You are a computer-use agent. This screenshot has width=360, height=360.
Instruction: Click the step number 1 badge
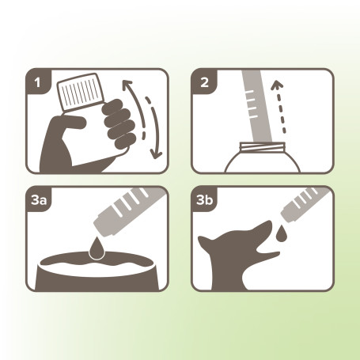pos(38,83)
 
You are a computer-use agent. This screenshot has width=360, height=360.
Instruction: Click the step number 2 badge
pos(204,83)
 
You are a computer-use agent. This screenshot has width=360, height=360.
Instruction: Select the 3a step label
pos(39,200)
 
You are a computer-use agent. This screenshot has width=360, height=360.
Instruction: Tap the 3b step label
pos(204,200)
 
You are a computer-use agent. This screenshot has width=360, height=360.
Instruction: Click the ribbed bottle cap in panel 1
pos(80,92)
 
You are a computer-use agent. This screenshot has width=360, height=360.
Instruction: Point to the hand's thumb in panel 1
pos(69,123)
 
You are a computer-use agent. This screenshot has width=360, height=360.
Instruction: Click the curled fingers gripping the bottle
pos(119,123)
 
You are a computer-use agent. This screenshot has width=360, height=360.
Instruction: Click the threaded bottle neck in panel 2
pos(262,147)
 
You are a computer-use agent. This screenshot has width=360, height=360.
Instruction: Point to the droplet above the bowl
pos(97,248)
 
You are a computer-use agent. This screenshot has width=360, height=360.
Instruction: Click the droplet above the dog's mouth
pos(282,233)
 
